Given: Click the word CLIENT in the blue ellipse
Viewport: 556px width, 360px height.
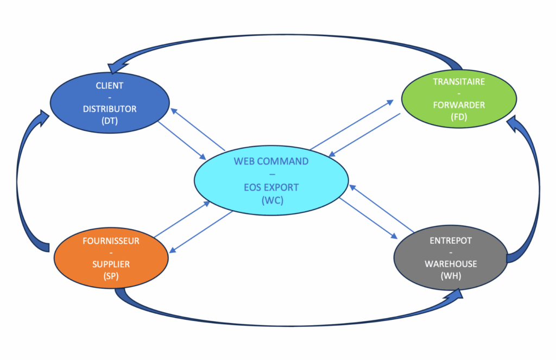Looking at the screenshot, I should point(109,85).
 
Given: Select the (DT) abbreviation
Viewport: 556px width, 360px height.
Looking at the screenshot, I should point(109,121).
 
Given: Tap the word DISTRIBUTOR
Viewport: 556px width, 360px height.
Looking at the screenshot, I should point(109,109).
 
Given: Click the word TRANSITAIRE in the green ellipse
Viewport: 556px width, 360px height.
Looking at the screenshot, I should point(459,81).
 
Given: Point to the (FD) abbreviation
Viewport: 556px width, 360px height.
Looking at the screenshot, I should point(459,117).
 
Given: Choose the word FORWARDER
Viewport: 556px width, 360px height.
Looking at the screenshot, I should point(459,105).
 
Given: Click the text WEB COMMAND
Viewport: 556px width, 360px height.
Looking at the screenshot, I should point(271,161).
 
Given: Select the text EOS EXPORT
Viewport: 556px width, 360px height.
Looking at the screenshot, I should point(271,187).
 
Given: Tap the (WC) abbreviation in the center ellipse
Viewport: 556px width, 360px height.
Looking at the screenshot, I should point(271,199).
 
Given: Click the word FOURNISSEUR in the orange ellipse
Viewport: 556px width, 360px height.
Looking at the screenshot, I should point(110,241).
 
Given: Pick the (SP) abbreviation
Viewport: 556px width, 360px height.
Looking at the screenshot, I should point(110,276).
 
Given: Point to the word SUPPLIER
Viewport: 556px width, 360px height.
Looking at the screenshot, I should point(110,264).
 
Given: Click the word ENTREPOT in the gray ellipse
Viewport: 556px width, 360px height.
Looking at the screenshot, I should point(451,241).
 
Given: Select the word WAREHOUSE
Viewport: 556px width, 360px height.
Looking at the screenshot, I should point(451,264).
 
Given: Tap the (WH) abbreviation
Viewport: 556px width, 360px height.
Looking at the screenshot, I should point(451,276).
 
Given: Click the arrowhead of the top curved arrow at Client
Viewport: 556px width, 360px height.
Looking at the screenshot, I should point(115,68).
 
